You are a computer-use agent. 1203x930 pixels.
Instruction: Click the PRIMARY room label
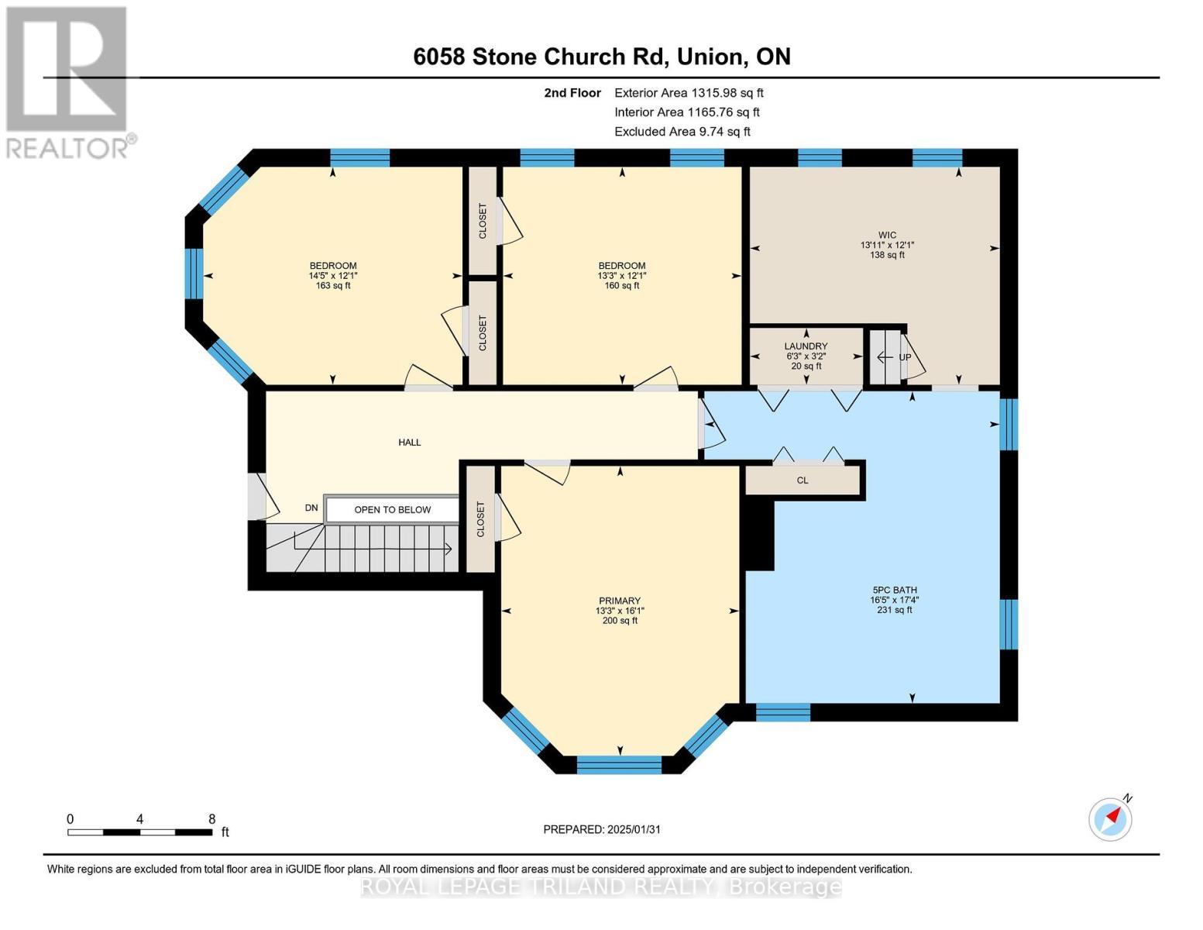pyautogui.click(x=620, y=601)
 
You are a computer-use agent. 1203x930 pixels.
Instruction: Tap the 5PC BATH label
pyautogui.click(x=894, y=590)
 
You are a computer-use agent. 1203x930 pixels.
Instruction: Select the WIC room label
pyautogui.click(x=887, y=236)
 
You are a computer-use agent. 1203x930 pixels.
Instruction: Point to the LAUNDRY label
pyautogui.click(x=806, y=346)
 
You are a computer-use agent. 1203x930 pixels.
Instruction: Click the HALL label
pyautogui.click(x=410, y=443)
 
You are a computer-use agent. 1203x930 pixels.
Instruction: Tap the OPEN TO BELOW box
pyautogui.click(x=392, y=510)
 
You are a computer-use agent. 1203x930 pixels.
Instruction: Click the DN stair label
pyautogui.click(x=311, y=508)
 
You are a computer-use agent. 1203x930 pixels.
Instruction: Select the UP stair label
pyautogui.click(x=904, y=357)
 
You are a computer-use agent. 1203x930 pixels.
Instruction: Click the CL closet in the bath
pyautogui.click(x=803, y=480)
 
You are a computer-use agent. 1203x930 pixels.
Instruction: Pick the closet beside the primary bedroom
pyautogui.click(x=481, y=518)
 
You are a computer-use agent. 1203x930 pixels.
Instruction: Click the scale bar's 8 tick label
pyautogui.click(x=211, y=819)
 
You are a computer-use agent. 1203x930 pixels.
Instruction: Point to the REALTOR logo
pyautogui.click(x=68, y=81)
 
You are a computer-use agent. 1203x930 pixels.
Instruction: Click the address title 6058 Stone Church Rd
pyautogui.click(x=601, y=57)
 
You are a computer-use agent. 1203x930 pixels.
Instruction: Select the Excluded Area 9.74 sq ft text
pyautogui.click(x=682, y=132)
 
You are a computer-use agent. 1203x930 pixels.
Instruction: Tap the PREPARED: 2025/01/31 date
pyautogui.click(x=602, y=829)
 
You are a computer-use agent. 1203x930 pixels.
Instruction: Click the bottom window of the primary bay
pyautogui.click(x=620, y=764)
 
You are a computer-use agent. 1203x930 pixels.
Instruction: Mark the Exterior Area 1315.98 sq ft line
pyautogui.click(x=688, y=93)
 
